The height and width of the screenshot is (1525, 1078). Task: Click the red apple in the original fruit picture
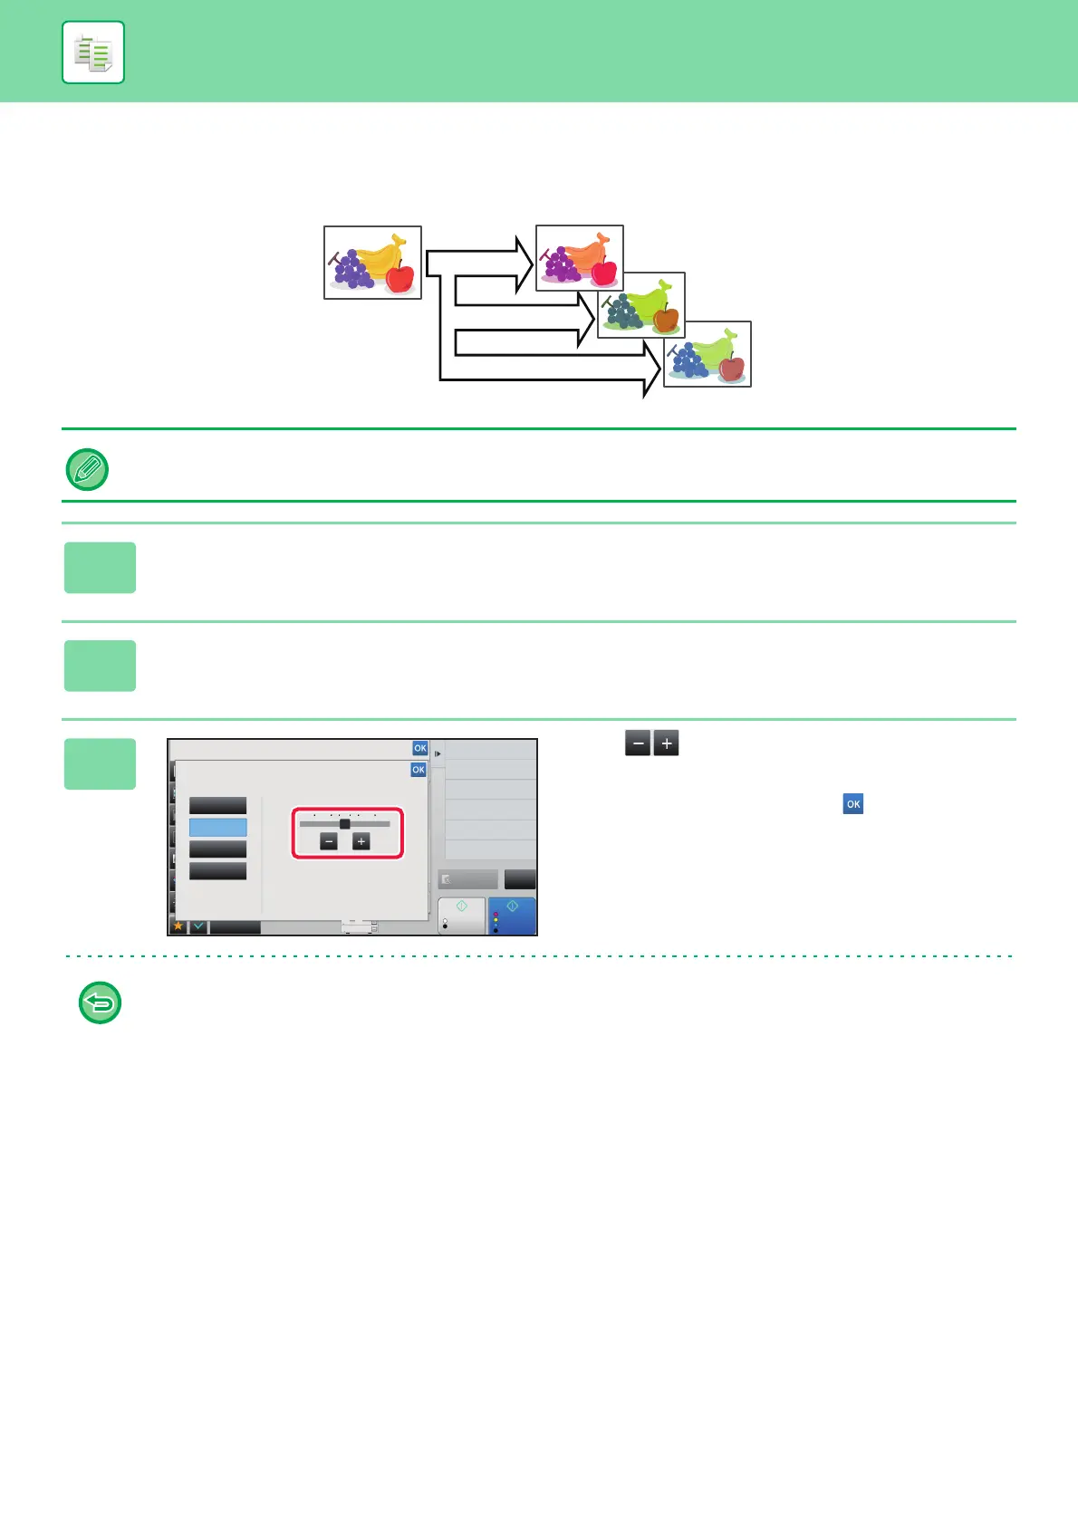[399, 277]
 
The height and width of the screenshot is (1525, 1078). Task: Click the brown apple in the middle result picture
[666, 319]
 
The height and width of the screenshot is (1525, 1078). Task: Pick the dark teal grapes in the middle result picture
[623, 312]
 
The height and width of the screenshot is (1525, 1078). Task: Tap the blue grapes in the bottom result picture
[688, 360]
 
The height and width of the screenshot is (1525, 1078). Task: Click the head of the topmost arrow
[523, 264]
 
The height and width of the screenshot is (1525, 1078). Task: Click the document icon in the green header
[93, 53]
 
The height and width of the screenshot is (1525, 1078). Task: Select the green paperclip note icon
[88, 469]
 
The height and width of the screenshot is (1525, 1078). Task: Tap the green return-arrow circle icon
[100, 1002]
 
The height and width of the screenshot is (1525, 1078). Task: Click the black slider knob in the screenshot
[344, 823]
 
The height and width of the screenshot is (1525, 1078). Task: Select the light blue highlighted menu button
[217, 827]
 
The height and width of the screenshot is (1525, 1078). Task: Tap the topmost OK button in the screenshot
[420, 748]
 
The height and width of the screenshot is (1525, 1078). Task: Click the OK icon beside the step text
[852, 804]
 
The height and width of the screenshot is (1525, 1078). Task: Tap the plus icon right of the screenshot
[666, 743]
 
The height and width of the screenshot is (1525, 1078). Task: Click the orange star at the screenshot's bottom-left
[178, 926]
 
